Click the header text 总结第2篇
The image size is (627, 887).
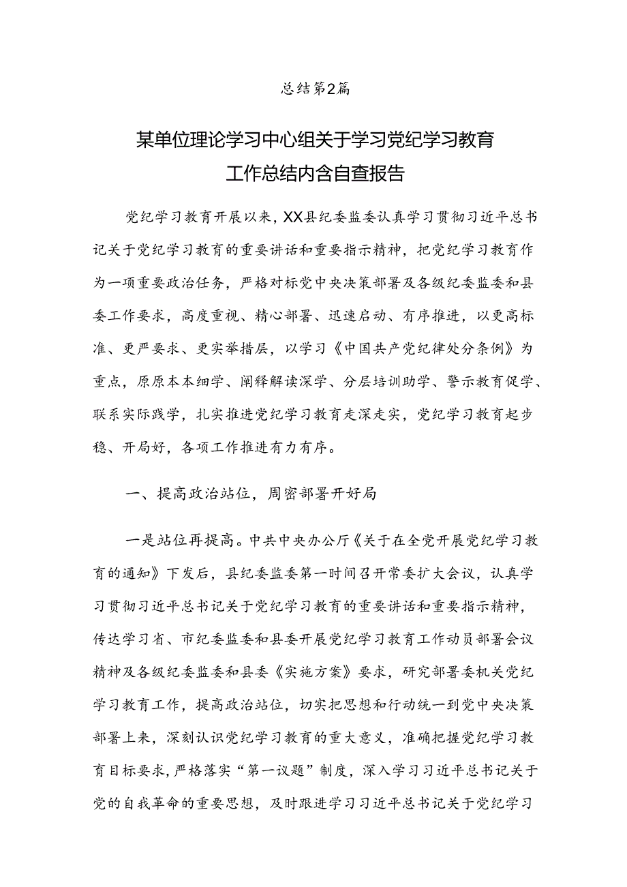(316, 89)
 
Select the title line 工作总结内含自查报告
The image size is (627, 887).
(315, 175)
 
